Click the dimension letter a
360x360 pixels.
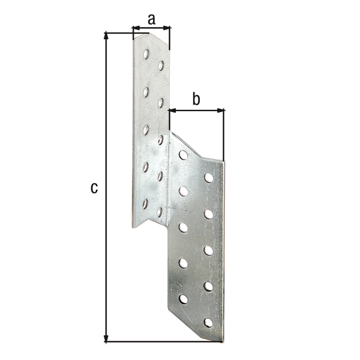click(x=151, y=19)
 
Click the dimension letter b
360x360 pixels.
click(x=196, y=100)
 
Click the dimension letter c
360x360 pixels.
click(x=94, y=188)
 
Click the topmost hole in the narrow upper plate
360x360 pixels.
click(x=146, y=54)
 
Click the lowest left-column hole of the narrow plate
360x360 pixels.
click(x=145, y=203)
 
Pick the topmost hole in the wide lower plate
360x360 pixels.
click(x=183, y=155)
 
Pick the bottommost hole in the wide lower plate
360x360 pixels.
click(x=208, y=323)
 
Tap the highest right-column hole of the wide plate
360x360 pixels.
click(x=208, y=178)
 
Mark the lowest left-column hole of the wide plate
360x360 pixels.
click(x=183, y=298)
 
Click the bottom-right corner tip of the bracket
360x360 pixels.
click(x=222, y=341)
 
